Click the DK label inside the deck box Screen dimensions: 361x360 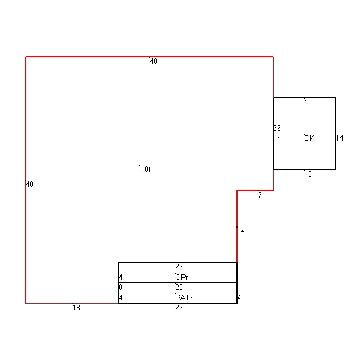point(309,138)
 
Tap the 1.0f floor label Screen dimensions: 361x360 point(145,170)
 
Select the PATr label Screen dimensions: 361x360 point(184,298)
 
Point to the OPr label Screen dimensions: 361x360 point(182,277)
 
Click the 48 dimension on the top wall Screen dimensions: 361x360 point(154,62)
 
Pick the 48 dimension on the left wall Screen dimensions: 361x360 point(29,184)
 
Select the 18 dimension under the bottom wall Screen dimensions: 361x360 point(76,308)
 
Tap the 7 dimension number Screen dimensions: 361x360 point(260,195)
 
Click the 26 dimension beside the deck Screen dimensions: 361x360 point(277,128)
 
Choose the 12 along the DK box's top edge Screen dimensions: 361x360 point(308,102)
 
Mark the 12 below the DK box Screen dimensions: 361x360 point(308,174)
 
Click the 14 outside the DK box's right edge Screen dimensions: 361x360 point(339,138)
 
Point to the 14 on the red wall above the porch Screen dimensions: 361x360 point(241,231)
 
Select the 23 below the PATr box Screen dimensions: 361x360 point(179,308)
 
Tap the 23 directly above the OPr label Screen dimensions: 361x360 point(179,267)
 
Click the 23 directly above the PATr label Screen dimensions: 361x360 point(179,288)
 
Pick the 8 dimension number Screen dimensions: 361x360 point(120,288)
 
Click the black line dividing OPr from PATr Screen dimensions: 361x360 point(178,283)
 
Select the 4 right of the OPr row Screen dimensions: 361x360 point(239,277)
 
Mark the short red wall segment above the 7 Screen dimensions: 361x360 point(255,190)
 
